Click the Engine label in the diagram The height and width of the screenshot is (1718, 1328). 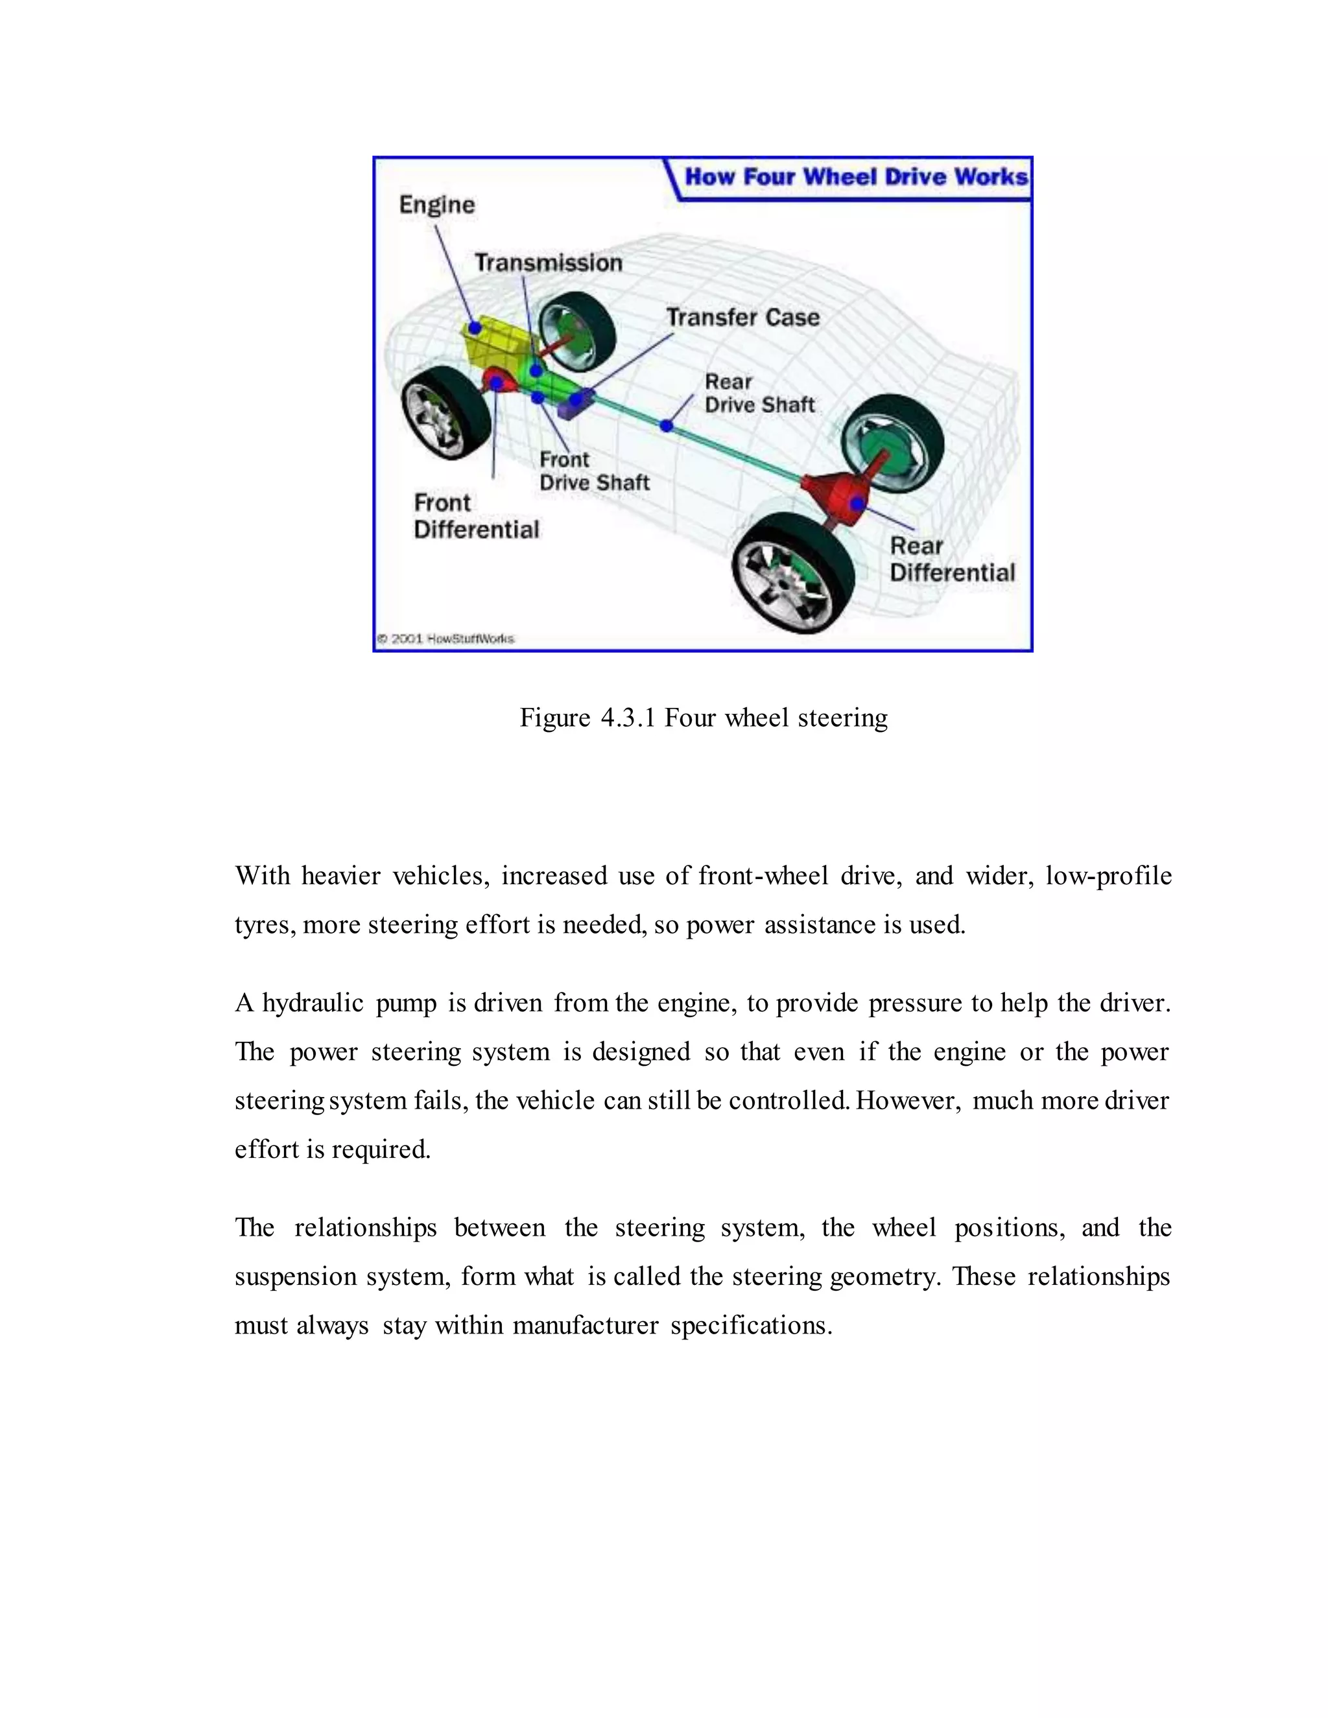coord(436,206)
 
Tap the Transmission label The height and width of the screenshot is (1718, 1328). coord(549,263)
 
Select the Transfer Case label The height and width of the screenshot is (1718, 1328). coord(742,317)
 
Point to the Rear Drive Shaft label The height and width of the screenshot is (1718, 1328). coord(759,394)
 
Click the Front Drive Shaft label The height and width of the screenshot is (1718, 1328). coord(594,471)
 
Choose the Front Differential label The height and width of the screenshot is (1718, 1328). coord(476,516)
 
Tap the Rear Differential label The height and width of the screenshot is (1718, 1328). coord(952,559)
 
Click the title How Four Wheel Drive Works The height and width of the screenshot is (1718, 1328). coord(856,177)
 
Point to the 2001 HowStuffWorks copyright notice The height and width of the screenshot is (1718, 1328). coord(445,639)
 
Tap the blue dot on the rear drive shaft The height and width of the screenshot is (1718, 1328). coord(667,425)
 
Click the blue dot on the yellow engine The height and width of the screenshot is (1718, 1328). coord(475,327)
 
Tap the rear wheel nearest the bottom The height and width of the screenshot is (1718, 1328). coord(792,572)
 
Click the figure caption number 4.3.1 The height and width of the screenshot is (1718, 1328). coord(628,718)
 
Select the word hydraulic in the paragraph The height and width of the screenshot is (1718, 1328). coord(313,1003)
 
